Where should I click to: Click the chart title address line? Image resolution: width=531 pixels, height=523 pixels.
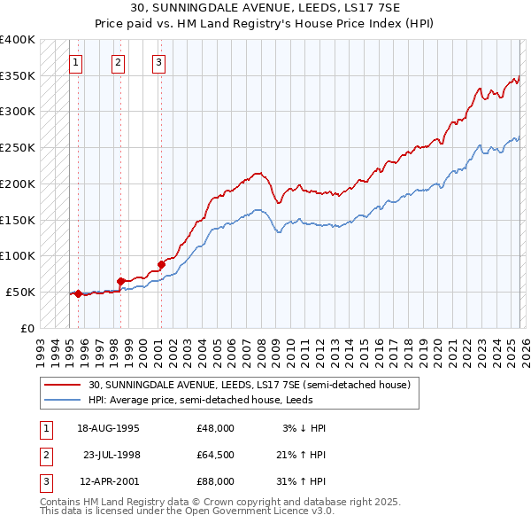pos(265,8)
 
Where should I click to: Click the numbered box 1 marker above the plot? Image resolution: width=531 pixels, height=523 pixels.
pos(76,62)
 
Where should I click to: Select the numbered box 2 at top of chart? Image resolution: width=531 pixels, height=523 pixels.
pos(119,62)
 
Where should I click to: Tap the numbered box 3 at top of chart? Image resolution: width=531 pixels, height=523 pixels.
pos(158,62)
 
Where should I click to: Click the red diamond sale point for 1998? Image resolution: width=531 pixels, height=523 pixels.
pos(121,281)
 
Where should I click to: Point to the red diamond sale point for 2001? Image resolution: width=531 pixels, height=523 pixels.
pos(161,264)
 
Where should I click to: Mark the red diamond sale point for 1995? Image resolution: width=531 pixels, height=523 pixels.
pos(78,293)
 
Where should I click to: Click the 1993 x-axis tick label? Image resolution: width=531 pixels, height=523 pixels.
pos(41,347)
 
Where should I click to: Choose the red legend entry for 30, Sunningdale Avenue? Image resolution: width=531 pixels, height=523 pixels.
pos(249,386)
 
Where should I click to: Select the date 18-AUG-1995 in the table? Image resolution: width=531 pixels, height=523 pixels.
pos(108,428)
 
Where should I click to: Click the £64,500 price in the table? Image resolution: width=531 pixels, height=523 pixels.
pos(215,455)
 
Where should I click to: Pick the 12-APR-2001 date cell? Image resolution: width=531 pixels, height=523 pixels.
pos(108,481)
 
